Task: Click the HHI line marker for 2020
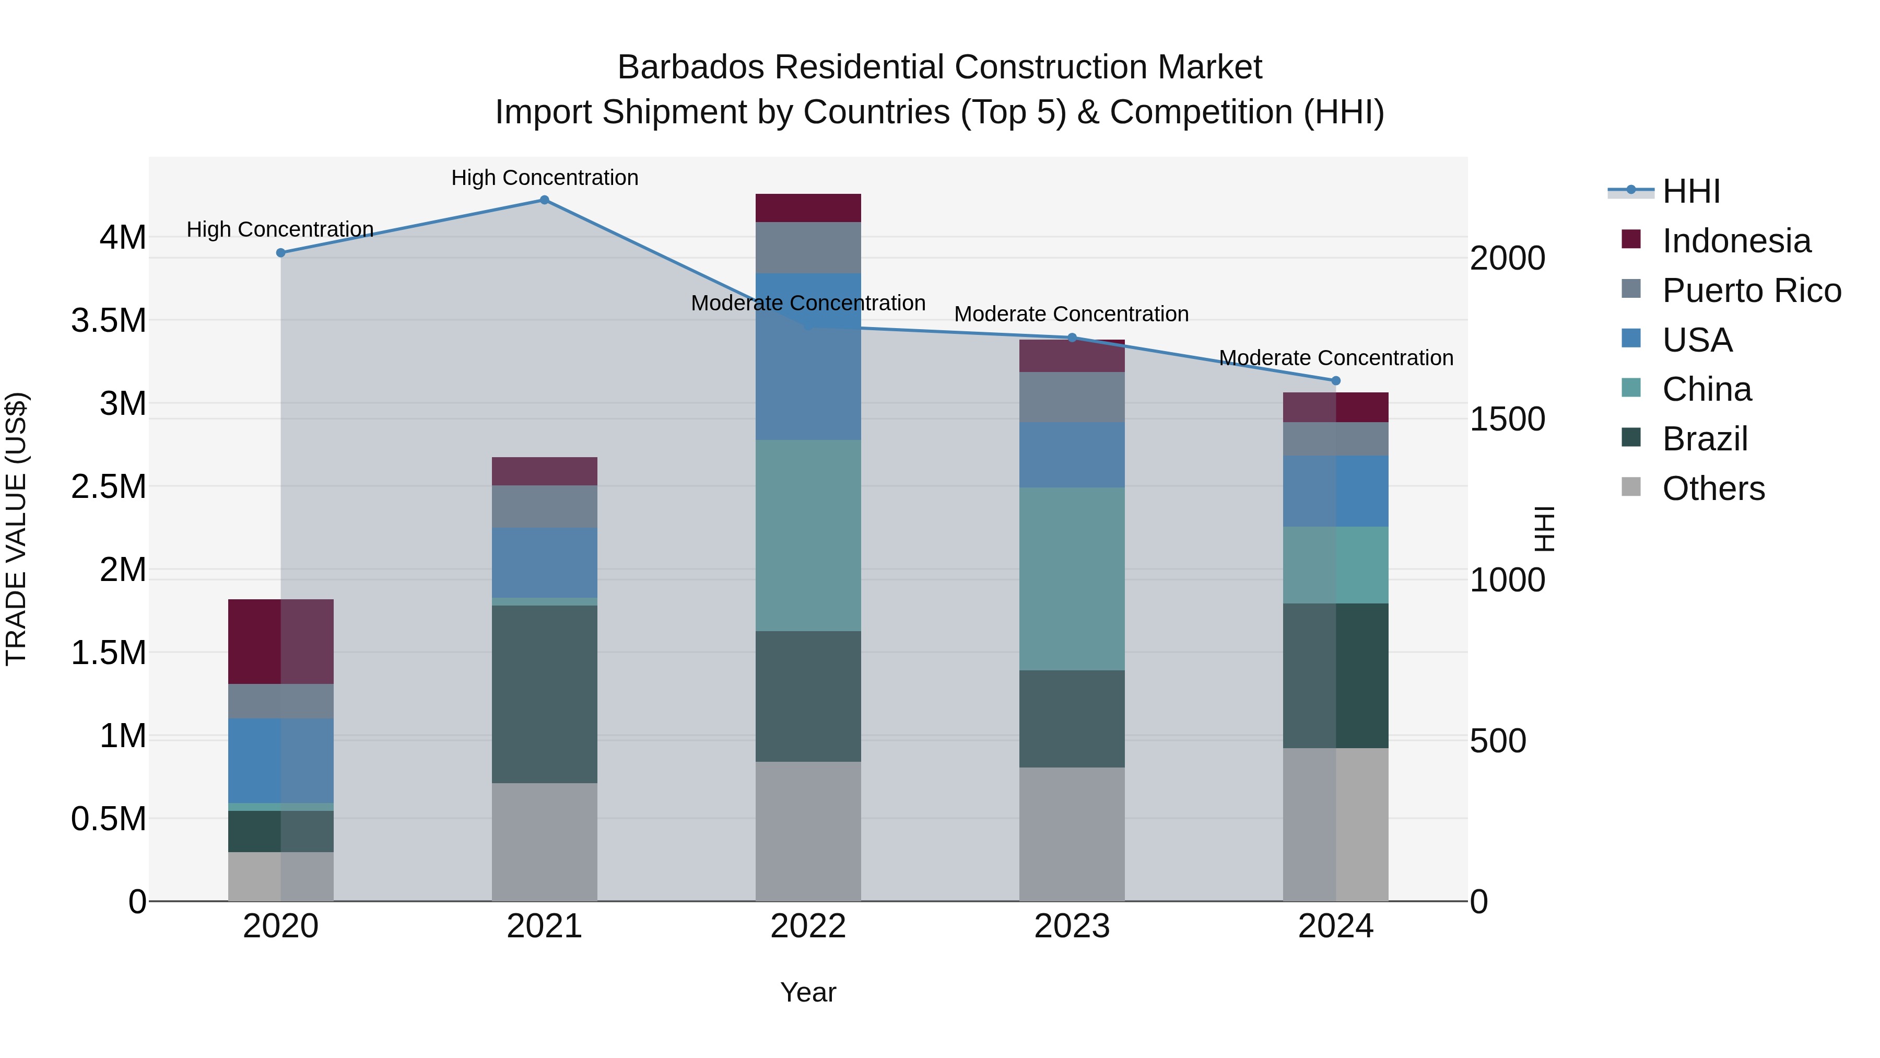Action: (281, 253)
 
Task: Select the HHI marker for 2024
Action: (1335, 380)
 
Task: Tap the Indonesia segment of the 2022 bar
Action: (808, 208)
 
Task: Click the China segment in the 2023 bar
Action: (1072, 578)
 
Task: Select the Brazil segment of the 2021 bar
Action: (545, 694)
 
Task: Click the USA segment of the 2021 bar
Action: (545, 563)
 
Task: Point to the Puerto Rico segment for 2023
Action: (1072, 397)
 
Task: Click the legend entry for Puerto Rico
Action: (1751, 290)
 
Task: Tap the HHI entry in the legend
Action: (1690, 191)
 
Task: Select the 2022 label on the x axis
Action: (808, 926)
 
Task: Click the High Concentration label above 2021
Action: (545, 178)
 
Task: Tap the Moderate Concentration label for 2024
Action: (1335, 358)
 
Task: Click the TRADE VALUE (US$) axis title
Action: (16, 529)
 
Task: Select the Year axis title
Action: (808, 992)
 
